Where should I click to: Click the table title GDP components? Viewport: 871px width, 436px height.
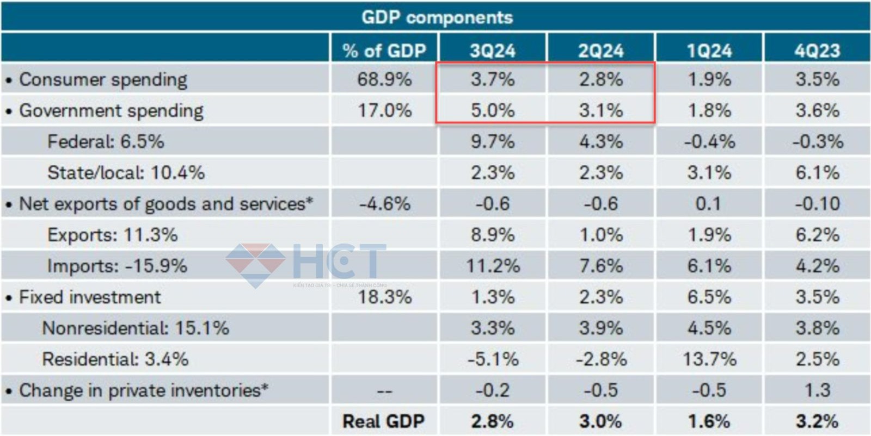(437, 17)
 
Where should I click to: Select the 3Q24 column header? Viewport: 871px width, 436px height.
(492, 51)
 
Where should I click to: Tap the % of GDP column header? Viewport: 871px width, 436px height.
(384, 51)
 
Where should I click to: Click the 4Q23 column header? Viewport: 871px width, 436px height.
(817, 51)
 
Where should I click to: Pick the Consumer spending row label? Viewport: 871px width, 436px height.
(103, 79)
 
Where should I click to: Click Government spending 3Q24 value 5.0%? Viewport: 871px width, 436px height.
(492, 110)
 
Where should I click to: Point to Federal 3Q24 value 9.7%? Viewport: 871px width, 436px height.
(492, 141)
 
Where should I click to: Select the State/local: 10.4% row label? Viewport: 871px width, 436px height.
(126, 172)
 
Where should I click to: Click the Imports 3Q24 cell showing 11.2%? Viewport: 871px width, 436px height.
(492, 266)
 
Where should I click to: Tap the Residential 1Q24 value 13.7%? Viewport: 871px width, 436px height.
(709, 359)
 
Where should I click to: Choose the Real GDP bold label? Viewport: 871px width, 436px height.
(383, 421)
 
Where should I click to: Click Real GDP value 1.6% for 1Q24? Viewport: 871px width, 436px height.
(709, 421)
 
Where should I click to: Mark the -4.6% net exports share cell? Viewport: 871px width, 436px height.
(384, 204)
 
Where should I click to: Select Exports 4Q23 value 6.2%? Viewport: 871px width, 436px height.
(817, 235)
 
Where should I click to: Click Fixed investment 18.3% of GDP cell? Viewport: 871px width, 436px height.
(384, 297)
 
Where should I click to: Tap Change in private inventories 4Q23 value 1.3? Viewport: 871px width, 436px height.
(817, 390)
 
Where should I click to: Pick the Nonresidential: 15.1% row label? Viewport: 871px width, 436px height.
(136, 328)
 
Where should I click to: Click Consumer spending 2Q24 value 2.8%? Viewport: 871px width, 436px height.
(600, 79)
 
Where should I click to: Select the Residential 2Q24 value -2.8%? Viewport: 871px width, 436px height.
(600, 359)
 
